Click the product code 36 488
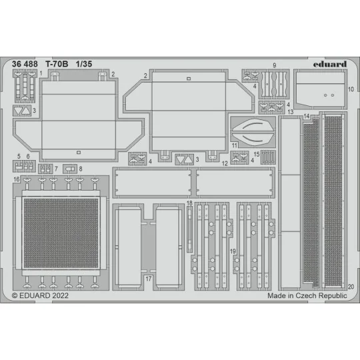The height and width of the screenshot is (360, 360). (29, 64)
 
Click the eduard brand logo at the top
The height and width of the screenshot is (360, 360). (330, 64)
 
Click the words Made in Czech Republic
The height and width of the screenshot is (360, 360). (307, 294)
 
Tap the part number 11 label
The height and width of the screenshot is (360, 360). (234, 145)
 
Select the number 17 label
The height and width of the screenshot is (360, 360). (149, 277)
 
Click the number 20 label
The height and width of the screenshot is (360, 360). (350, 285)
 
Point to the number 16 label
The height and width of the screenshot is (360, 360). (16, 180)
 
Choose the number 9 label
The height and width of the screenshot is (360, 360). (275, 65)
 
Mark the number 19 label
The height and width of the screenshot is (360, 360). (233, 252)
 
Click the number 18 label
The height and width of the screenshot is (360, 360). (189, 203)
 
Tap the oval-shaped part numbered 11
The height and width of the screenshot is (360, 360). (253, 130)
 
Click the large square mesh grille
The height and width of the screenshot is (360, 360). (60, 231)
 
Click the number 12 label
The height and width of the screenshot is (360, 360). (225, 163)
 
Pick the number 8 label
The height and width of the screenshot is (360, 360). (81, 169)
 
